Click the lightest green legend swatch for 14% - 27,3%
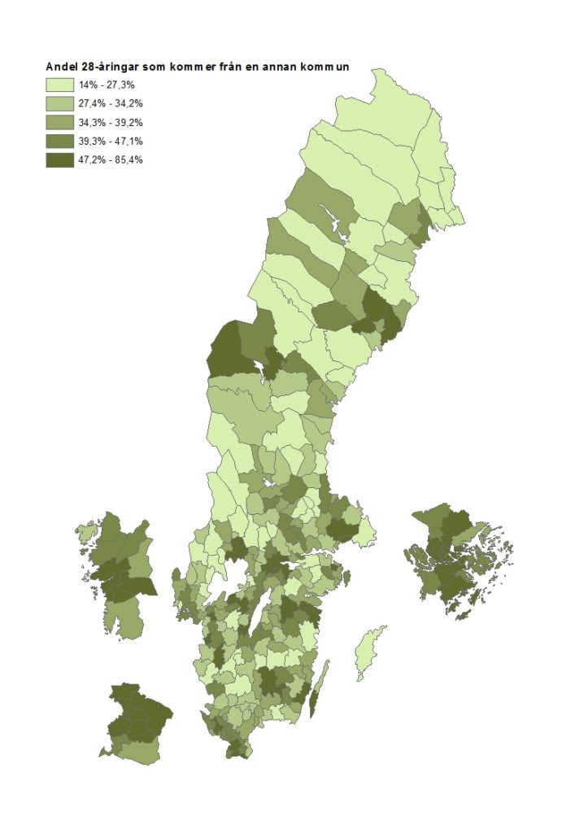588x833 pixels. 59,85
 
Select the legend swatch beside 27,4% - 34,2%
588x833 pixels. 59,103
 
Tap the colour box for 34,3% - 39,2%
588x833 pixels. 59,122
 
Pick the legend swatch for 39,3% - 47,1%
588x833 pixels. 59,141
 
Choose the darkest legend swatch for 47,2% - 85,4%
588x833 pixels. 59,159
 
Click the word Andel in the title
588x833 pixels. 60,67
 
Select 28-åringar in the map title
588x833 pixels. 110,67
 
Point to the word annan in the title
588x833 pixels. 282,67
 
